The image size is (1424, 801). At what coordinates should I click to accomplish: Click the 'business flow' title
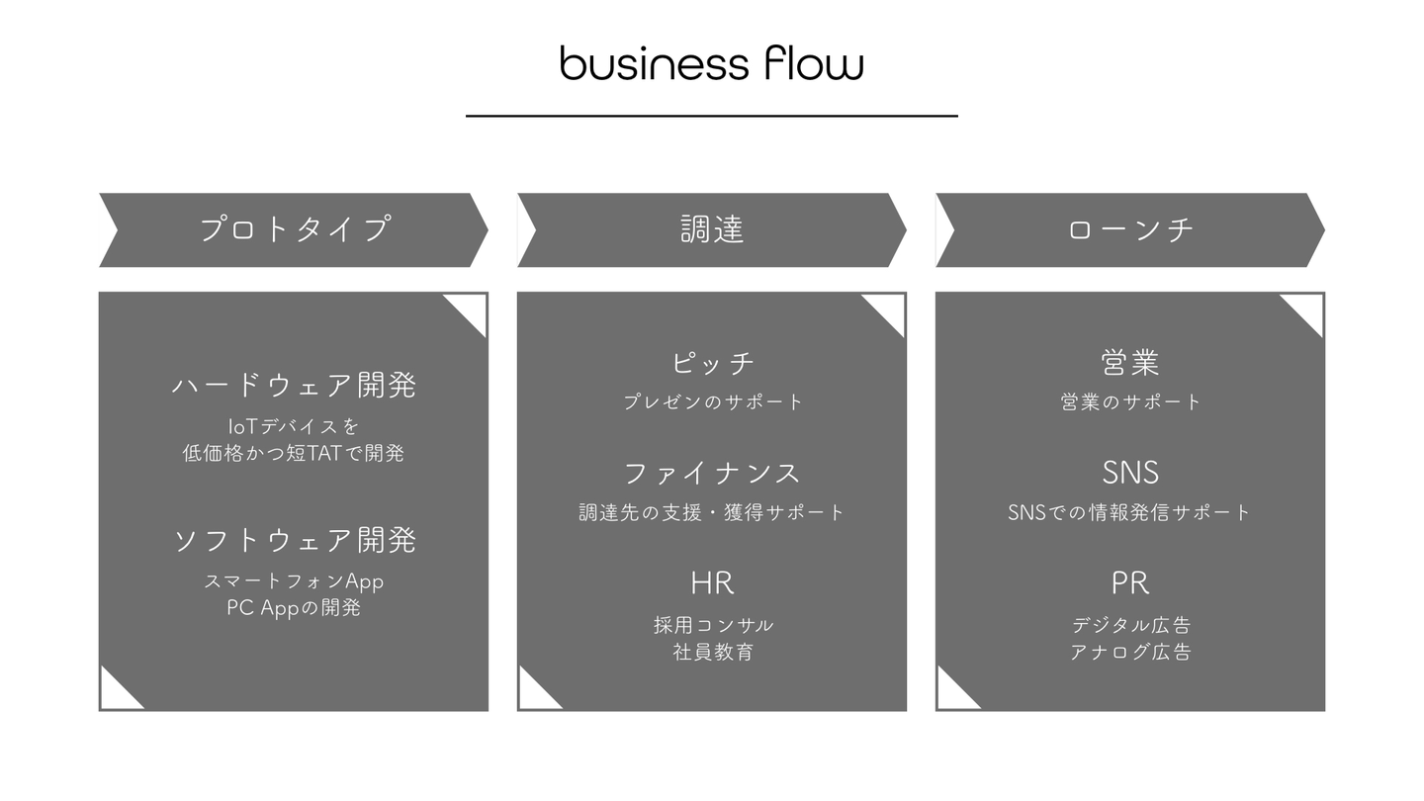[x=711, y=63]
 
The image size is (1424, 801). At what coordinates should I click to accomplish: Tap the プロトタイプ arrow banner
[x=294, y=229]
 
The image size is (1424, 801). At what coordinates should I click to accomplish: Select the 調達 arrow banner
[x=712, y=229]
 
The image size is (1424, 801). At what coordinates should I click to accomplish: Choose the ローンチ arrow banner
[x=1130, y=229]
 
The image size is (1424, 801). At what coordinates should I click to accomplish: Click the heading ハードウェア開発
[x=294, y=385]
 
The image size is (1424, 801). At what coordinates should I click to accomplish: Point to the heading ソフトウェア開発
[x=295, y=540]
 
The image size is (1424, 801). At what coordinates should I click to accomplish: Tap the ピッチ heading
[x=712, y=363]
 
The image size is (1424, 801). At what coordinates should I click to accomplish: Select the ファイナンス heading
[x=711, y=473]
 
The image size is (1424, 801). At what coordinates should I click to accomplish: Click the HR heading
[x=712, y=583]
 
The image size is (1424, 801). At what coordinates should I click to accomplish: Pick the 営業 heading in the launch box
[x=1130, y=363]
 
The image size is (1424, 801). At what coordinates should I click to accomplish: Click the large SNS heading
[x=1130, y=473]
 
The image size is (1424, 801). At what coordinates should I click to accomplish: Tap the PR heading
[x=1130, y=583]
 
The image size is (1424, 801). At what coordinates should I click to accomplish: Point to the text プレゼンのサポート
[x=713, y=401]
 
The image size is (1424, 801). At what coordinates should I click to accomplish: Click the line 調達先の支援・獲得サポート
[x=711, y=512]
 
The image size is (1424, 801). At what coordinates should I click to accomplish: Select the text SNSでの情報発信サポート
[x=1129, y=512]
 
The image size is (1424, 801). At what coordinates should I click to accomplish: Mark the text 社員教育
[x=713, y=652]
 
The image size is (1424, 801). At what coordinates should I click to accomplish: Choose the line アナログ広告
[x=1130, y=652]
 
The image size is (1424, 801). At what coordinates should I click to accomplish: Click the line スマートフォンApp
[x=294, y=581]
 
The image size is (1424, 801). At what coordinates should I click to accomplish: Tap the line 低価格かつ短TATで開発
[x=294, y=453]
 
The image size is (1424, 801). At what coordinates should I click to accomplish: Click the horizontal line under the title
[x=711, y=116]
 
